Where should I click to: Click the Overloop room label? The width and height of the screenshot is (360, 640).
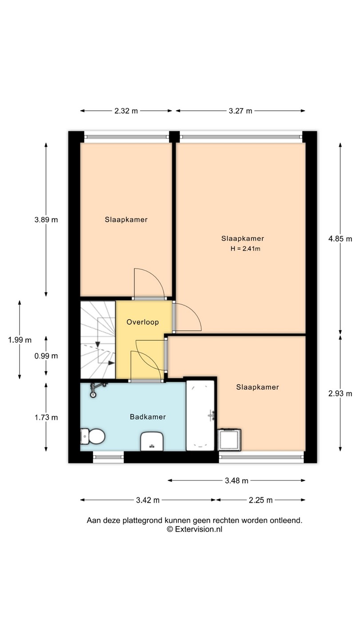click(143, 322)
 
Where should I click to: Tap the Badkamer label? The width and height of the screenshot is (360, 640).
click(148, 417)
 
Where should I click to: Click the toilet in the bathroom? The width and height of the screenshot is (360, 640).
click(92, 436)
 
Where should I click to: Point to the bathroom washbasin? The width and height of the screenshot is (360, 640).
click(152, 441)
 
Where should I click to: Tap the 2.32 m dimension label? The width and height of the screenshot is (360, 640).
click(126, 111)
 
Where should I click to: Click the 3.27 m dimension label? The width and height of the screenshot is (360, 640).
click(240, 111)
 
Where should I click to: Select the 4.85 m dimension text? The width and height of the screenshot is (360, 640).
click(340, 239)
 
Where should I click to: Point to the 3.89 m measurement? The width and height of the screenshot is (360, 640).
click(46, 220)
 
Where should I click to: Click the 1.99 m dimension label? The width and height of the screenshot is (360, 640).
click(20, 340)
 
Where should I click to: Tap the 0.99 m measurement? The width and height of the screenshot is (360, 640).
click(46, 356)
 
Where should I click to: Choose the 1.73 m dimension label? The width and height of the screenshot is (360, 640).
click(46, 417)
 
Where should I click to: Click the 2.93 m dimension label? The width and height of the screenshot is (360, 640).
click(340, 393)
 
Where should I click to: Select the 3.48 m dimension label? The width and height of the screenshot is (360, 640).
click(236, 480)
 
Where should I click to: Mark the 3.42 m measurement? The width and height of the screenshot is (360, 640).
click(148, 500)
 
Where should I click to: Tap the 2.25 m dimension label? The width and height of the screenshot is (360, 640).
click(260, 500)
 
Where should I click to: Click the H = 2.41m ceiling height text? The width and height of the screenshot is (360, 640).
click(245, 248)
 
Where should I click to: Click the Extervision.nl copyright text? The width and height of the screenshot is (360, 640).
click(195, 529)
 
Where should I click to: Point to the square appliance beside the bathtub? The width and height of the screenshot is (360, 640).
click(229, 440)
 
